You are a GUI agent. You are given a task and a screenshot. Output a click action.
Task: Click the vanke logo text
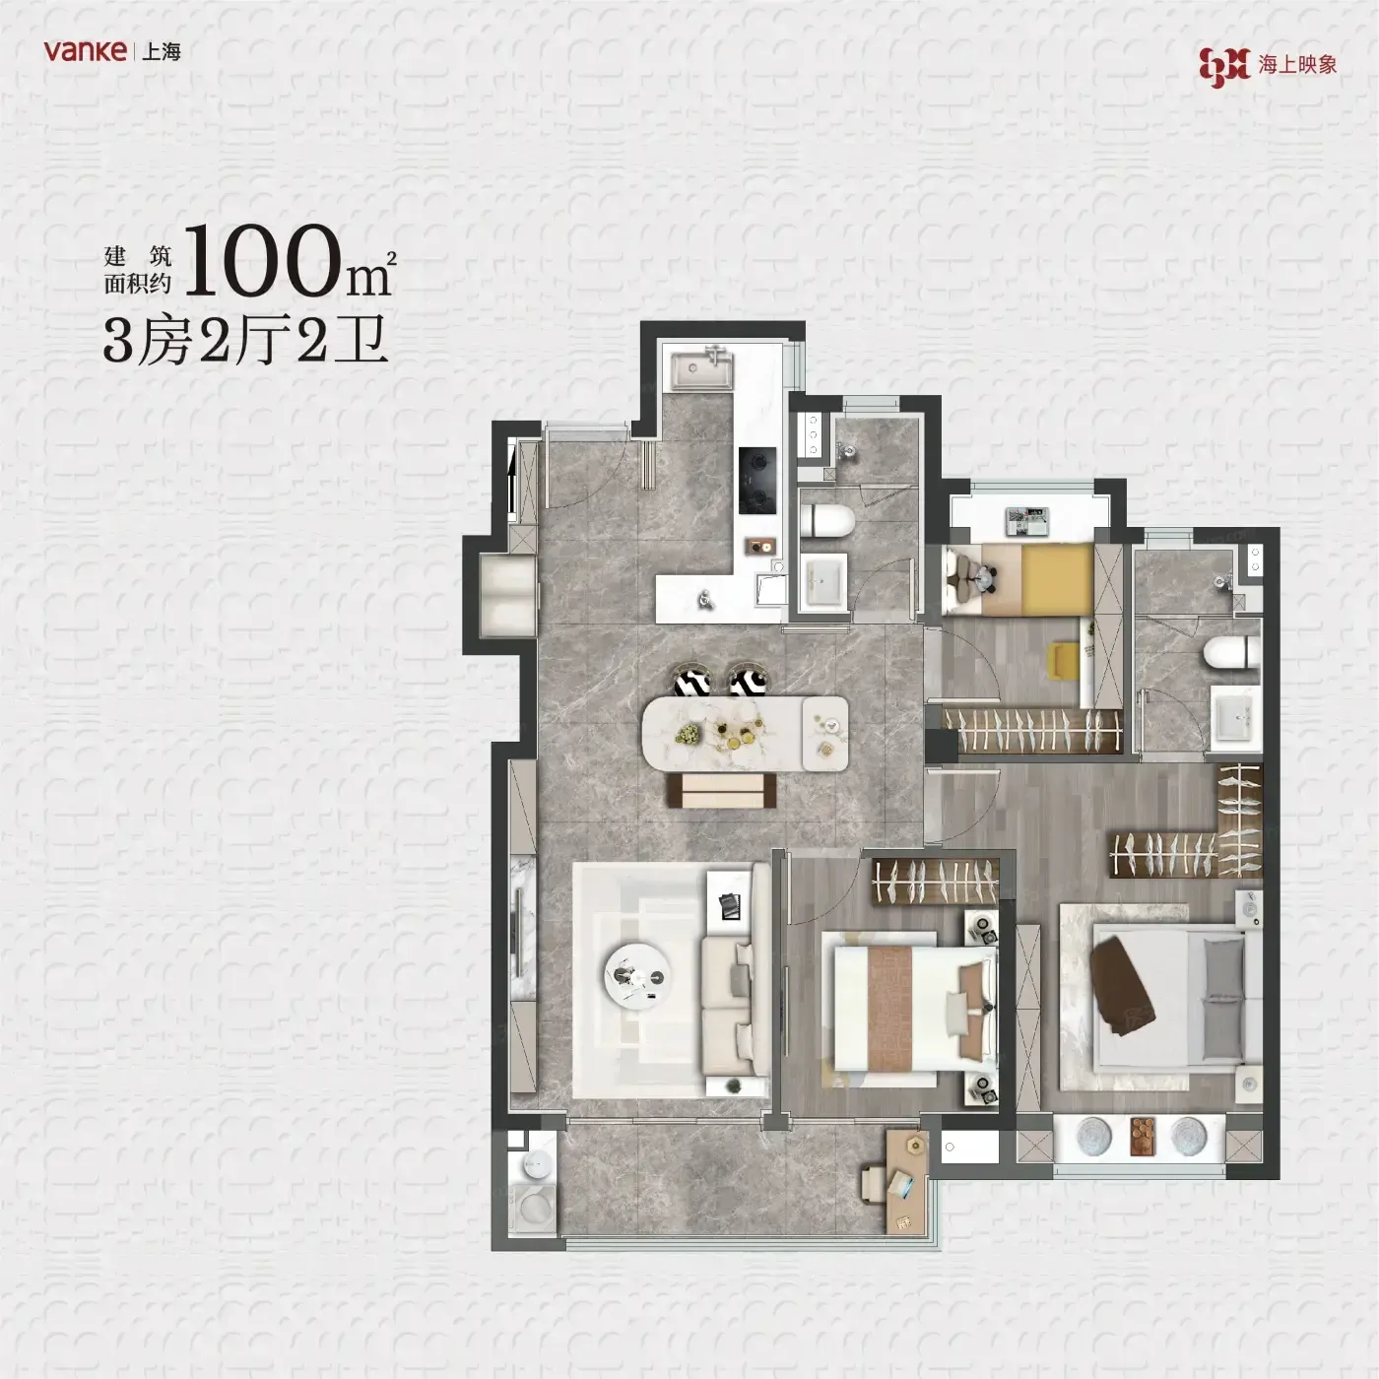pos(85,51)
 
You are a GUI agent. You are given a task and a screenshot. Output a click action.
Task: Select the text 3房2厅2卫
pos(245,341)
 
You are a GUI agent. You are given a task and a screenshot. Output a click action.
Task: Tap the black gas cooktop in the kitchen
pos(757,480)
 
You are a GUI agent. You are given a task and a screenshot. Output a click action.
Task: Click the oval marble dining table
pos(745,734)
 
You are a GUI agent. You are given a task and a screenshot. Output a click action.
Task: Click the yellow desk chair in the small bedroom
pos(1064,659)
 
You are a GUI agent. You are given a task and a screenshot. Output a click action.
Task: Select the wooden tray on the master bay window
pos(1143,1137)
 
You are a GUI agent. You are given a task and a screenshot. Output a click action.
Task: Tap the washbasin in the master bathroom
pos(1236,718)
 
